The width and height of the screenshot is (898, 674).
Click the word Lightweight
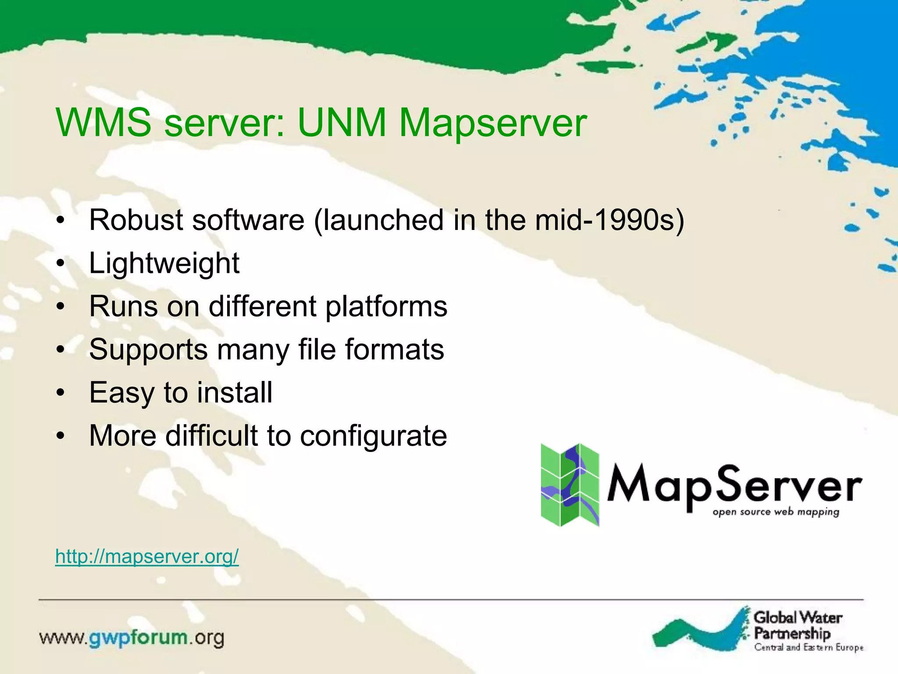coord(164,263)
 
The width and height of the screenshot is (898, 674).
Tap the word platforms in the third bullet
coord(386,307)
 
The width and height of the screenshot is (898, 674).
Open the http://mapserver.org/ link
coord(147,556)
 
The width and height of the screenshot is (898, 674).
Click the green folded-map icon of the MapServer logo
coord(569,485)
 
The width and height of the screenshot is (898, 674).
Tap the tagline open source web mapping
coord(776,512)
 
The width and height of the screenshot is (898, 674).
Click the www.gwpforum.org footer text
coord(132,638)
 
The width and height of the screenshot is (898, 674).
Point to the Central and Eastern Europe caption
coord(809,647)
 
